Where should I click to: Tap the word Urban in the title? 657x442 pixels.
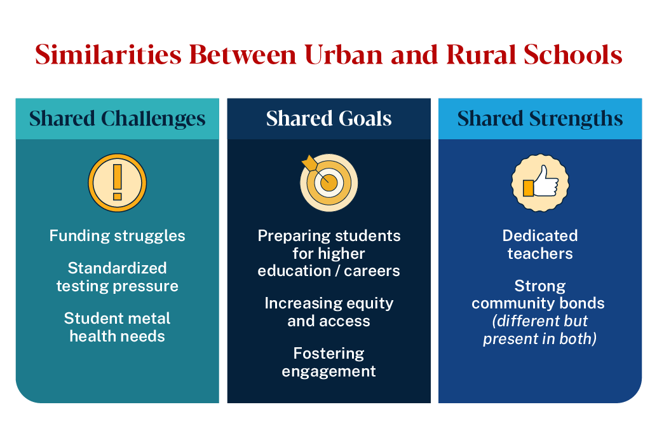click(x=342, y=55)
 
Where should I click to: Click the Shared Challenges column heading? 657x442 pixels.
click(x=118, y=119)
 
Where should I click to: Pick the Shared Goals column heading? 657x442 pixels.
click(x=328, y=119)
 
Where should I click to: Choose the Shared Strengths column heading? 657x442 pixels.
click(x=540, y=119)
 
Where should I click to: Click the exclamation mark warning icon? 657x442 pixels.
click(x=117, y=183)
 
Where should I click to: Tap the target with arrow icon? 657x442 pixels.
click(x=328, y=182)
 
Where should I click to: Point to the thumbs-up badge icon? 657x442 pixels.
click(x=540, y=183)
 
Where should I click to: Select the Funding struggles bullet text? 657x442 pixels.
click(x=118, y=236)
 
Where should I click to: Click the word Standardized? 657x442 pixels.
click(x=118, y=268)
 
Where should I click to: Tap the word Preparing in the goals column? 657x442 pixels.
click(x=292, y=236)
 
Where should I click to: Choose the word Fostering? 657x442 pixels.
click(x=328, y=353)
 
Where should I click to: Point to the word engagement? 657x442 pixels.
click(x=328, y=371)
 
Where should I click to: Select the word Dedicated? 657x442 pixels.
click(x=540, y=236)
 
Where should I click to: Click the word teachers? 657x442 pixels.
click(x=540, y=254)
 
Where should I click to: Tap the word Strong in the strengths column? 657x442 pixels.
click(x=540, y=286)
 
